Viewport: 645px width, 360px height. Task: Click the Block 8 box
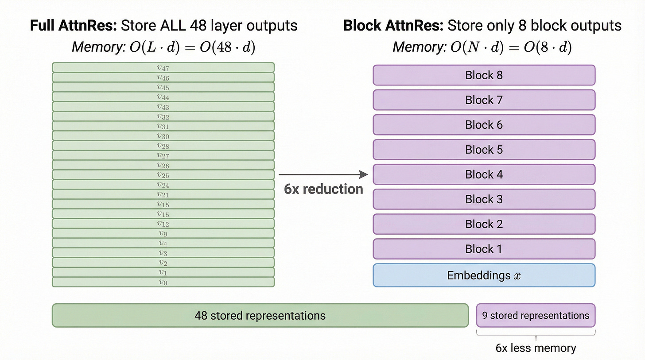(x=484, y=75)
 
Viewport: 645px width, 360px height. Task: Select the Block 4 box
(x=484, y=174)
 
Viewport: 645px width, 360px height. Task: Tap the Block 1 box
(x=484, y=249)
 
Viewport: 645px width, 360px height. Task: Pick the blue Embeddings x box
(x=484, y=275)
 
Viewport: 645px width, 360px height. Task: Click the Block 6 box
(x=484, y=125)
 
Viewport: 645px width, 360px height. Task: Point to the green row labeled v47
(x=163, y=68)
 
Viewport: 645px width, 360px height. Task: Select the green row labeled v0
(x=163, y=282)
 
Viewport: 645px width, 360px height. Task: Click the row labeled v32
(x=163, y=116)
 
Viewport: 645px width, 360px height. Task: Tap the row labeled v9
(x=163, y=233)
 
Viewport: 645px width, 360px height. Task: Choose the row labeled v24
(x=163, y=185)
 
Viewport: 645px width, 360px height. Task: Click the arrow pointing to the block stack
(x=323, y=175)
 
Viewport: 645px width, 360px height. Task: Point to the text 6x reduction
(x=323, y=190)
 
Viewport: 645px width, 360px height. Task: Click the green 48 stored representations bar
(x=260, y=315)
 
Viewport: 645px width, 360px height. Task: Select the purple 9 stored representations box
(x=536, y=315)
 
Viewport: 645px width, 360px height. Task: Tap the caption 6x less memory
(x=536, y=348)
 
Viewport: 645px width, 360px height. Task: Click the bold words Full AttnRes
(x=73, y=26)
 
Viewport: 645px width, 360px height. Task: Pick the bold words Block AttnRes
(x=393, y=26)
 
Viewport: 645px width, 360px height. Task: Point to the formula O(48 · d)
(x=228, y=47)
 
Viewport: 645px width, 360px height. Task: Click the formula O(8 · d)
(x=548, y=47)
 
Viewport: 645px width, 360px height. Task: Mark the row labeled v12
(x=163, y=224)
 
